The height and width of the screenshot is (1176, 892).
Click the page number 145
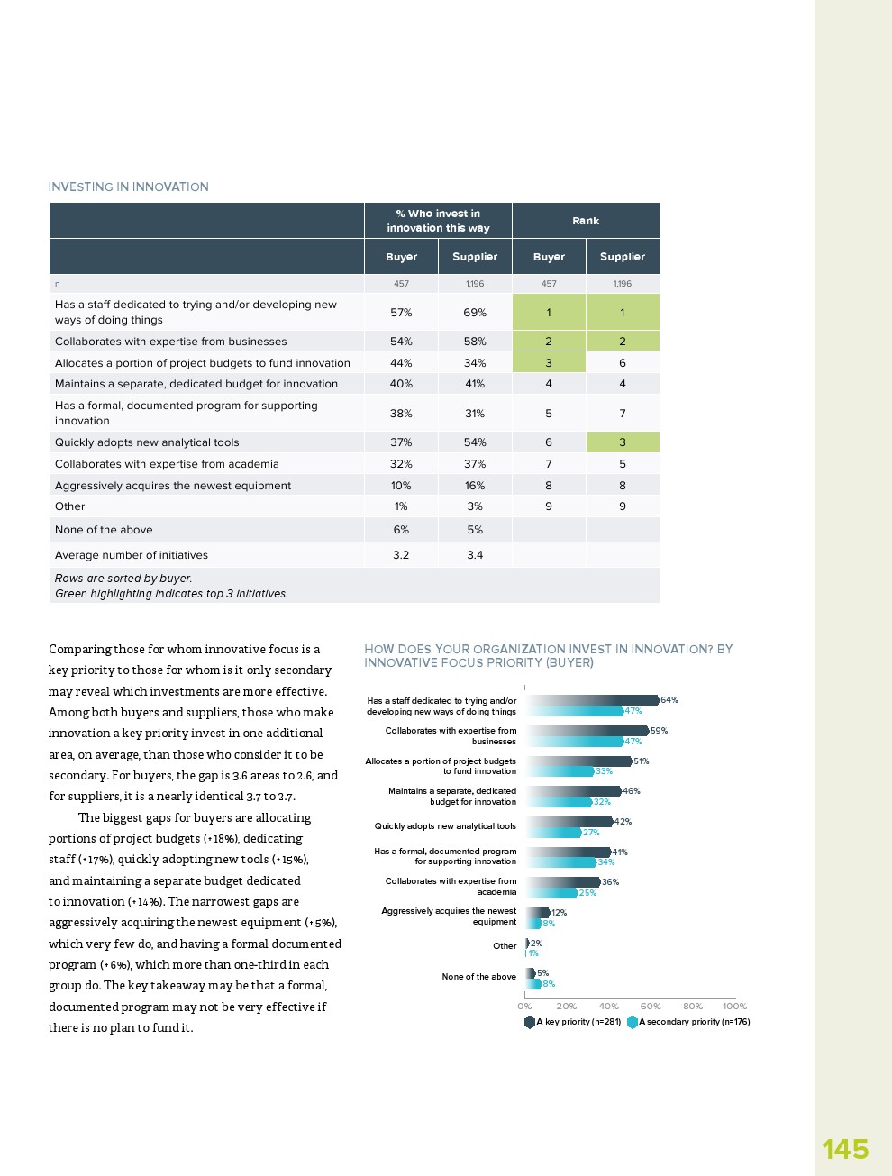pyautogui.click(x=844, y=1149)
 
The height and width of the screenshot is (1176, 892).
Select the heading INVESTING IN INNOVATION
pyautogui.click(x=128, y=187)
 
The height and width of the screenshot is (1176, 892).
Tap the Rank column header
pyautogui.click(x=586, y=221)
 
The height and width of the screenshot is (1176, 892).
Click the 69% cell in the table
pyautogui.click(x=475, y=313)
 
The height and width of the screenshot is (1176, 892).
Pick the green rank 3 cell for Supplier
pyautogui.click(x=623, y=442)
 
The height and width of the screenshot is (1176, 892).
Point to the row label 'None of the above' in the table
pyautogui.click(x=104, y=530)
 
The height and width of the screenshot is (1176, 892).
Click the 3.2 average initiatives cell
pyautogui.click(x=401, y=555)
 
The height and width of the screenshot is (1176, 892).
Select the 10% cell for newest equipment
pyautogui.click(x=401, y=486)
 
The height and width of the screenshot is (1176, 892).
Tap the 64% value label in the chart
pyautogui.click(x=669, y=700)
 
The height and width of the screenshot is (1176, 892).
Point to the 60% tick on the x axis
pyautogui.click(x=651, y=1006)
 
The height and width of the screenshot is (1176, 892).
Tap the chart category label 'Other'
pyautogui.click(x=505, y=946)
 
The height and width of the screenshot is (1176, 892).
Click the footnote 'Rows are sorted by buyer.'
pyautogui.click(x=123, y=579)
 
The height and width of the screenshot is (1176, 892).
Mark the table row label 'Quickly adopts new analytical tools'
pyautogui.click(x=147, y=442)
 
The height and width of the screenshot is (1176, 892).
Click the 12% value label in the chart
pyautogui.click(x=559, y=913)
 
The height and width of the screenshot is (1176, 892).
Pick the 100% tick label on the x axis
pyautogui.click(x=734, y=1006)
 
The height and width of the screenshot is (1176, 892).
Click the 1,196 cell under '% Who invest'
pyautogui.click(x=475, y=284)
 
